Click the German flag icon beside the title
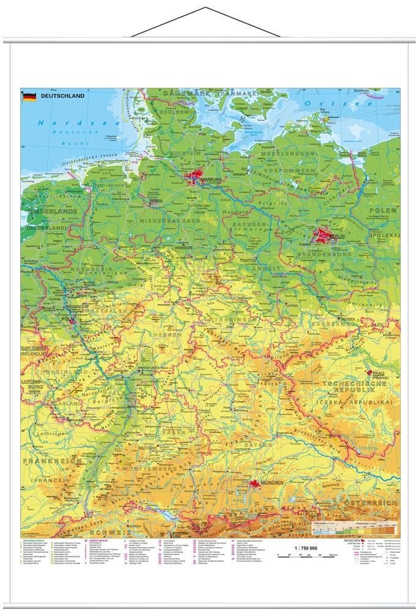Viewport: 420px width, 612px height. coord(29,97)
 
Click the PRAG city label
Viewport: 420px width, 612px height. coord(375,372)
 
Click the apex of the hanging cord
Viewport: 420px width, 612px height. coord(206,9)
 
